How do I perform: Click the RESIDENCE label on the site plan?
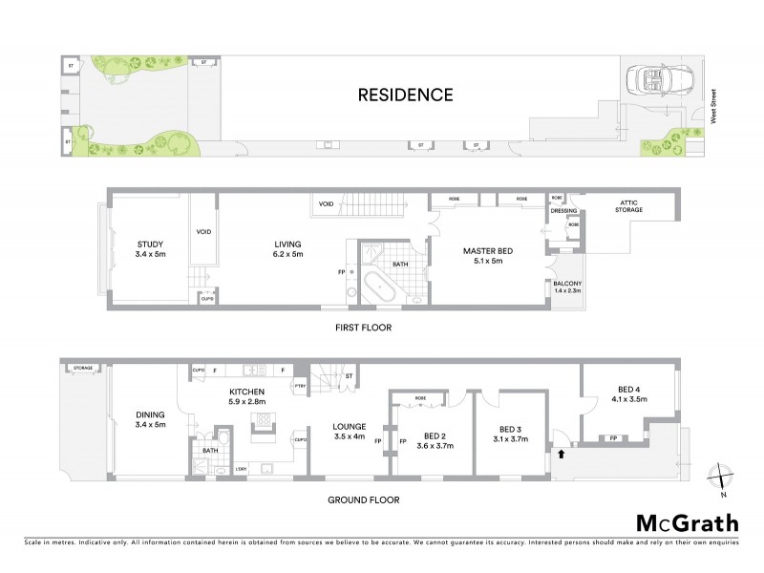tap(405, 95)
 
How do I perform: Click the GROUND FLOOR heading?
tap(363, 499)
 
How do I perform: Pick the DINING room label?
tap(150, 419)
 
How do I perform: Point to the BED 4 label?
tap(629, 392)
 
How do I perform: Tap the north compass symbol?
tap(722, 475)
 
